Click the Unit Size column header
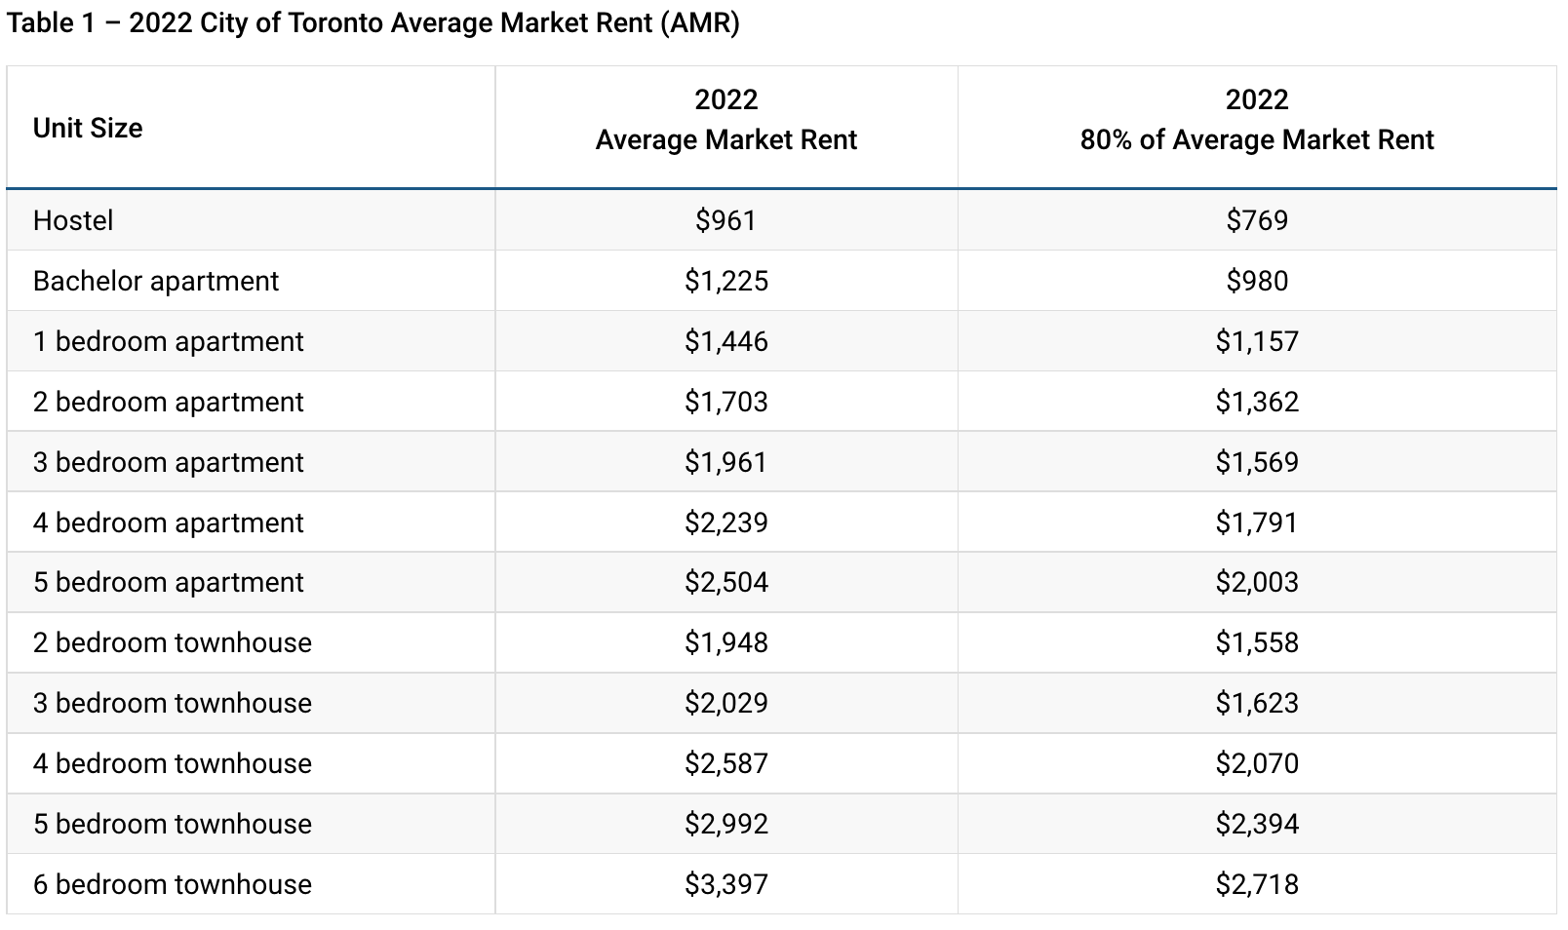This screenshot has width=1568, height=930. (x=88, y=128)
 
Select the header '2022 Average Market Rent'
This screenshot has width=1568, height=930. (x=725, y=120)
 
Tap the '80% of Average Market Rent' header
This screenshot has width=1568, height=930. (x=1256, y=139)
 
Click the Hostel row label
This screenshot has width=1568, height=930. (x=73, y=220)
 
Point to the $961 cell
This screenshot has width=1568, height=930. (x=725, y=220)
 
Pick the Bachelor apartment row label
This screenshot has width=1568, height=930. (x=156, y=281)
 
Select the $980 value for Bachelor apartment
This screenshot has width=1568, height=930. (x=1256, y=281)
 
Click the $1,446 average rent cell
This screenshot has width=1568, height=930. (x=725, y=341)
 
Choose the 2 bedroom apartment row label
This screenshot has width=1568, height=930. (x=169, y=402)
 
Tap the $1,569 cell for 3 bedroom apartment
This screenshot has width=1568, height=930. (x=1256, y=462)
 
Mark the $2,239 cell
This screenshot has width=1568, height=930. (x=725, y=523)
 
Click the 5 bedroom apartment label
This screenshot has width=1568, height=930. (x=169, y=582)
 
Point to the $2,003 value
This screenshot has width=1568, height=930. (x=1256, y=582)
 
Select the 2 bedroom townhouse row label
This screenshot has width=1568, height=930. (x=173, y=642)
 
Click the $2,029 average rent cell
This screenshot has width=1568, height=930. (x=725, y=703)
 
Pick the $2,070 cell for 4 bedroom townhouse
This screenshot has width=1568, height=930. (x=1256, y=763)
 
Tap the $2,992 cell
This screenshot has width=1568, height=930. (x=725, y=824)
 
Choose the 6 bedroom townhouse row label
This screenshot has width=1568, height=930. (x=173, y=884)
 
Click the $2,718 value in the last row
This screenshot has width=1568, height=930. (x=1256, y=884)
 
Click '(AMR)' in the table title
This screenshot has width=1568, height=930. (x=699, y=23)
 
